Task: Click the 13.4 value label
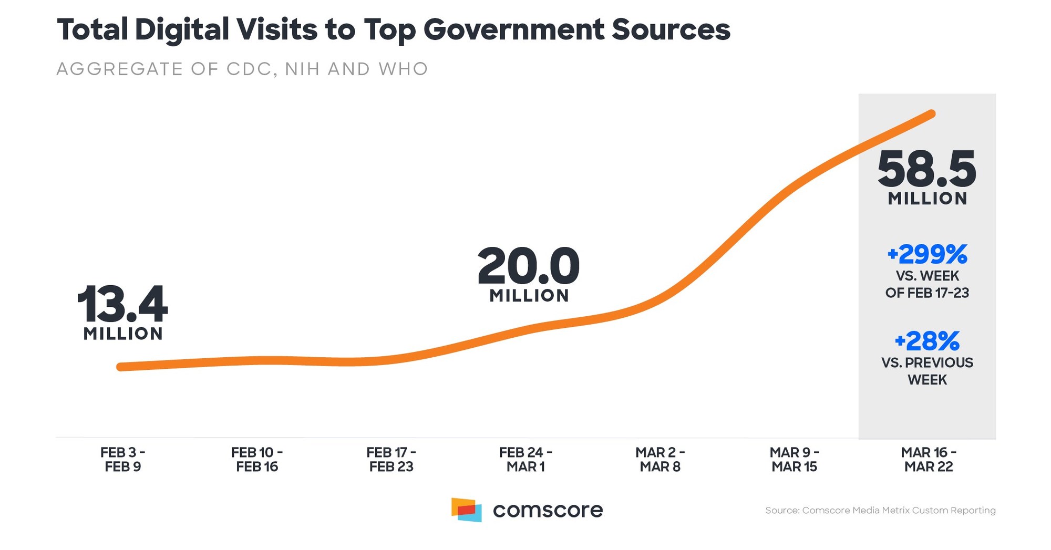[122, 305]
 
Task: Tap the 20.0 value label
[529, 266]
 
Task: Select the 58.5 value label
[926, 170]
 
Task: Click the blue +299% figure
[927, 254]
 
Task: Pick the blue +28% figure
[927, 341]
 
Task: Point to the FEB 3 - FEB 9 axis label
[123, 460]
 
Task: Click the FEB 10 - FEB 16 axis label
[257, 460]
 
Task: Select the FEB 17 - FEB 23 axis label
[391, 460]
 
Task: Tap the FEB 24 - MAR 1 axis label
[525, 460]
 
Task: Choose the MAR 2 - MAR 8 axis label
[660, 460]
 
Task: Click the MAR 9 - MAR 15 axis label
[795, 460]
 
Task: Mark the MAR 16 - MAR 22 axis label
[929, 460]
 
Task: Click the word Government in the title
[513, 29]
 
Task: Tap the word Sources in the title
[671, 29]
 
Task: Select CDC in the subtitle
[249, 69]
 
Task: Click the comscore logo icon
[466, 510]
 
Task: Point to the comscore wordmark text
[548, 510]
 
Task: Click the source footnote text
[880, 510]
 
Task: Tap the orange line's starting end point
[121, 367]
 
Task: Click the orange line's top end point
[932, 113]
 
